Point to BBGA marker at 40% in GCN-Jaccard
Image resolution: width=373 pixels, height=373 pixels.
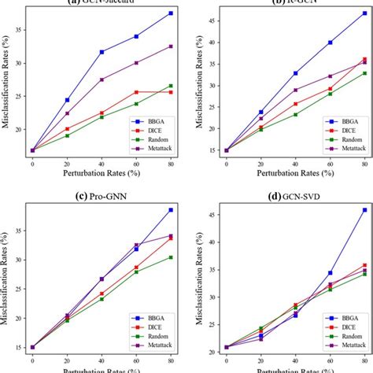[102, 52]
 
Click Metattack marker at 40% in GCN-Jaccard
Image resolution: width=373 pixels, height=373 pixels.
[102, 79]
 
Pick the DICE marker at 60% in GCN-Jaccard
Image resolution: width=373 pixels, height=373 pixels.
[136, 92]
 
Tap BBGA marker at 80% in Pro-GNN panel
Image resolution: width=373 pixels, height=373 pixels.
[171, 210]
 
